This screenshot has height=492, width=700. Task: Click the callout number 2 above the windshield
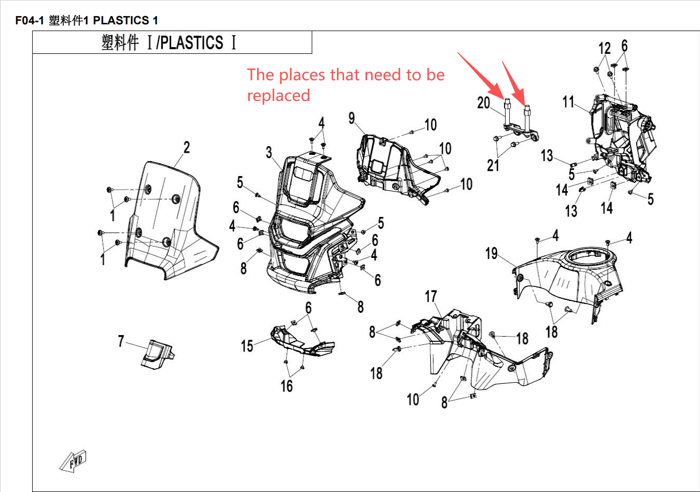pyautogui.click(x=187, y=148)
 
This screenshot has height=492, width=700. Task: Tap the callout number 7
pyautogui.click(x=121, y=341)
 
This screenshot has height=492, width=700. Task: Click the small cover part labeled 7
pyautogui.click(x=157, y=354)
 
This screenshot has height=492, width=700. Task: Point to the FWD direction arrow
pyautogui.click(x=73, y=460)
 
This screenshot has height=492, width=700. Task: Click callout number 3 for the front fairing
pyautogui.click(x=269, y=152)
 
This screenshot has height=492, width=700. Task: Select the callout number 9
pyautogui.click(x=352, y=118)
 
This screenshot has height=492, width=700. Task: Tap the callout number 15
pyautogui.click(x=247, y=346)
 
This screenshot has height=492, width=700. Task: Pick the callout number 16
pyautogui.click(x=287, y=386)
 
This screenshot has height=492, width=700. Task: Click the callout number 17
pyautogui.click(x=431, y=296)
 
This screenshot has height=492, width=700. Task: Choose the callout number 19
pyautogui.click(x=491, y=253)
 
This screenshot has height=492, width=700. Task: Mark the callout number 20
pyautogui.click(x=483, y=103)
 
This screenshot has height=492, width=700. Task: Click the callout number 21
pyautogui.click(x=493, y=165)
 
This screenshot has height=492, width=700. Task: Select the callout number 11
pyautogui.click(x=568, y=102)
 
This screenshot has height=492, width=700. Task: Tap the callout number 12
pyautogui.click(x=605, y=49)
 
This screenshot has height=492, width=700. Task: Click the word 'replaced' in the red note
pyautogui.click(x=278, y=96)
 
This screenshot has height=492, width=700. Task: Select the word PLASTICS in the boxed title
pyautogui.click(x=192, y=42)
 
